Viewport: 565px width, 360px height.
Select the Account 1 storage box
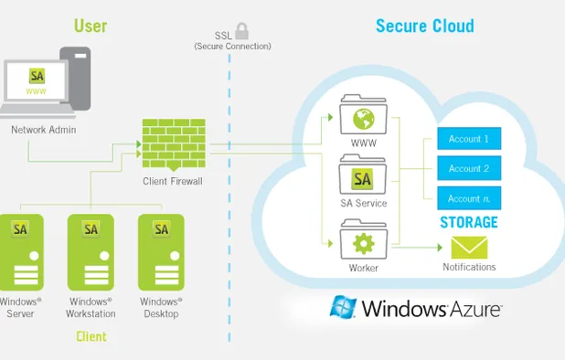coord(469,139)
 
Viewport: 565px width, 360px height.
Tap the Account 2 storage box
coord(469,168)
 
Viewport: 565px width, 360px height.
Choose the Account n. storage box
coord(469,198)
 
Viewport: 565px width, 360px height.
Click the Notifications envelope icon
coord(469,247)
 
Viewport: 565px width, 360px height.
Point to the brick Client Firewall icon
coord(172,144)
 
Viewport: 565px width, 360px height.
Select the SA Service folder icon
coord(363,177)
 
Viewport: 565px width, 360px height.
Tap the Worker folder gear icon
coord(363,244)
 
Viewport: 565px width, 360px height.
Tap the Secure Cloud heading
coord(424,26)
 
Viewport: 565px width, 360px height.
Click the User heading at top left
coord(91,26)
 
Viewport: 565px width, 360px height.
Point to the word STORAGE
coord(467,222)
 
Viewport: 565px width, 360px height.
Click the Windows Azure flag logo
coord(344,307)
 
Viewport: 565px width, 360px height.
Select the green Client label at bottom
coord(91,336)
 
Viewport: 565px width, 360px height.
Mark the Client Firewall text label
coord(172,181)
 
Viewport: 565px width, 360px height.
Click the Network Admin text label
coord(43,130)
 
